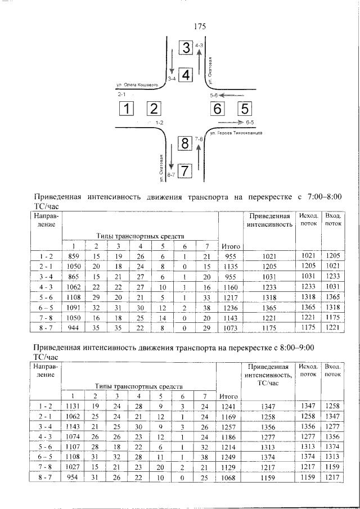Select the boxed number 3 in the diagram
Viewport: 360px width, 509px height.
pos(186,48)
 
